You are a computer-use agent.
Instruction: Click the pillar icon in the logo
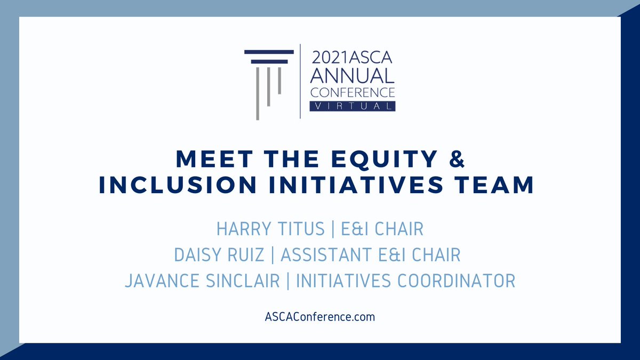pos(269,80)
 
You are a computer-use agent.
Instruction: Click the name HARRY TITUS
pos(270,229)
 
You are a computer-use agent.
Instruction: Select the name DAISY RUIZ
pos(219,255)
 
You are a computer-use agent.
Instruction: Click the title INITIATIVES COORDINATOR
pos(405,281)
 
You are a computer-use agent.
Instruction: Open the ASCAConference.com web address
pos(319,317)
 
